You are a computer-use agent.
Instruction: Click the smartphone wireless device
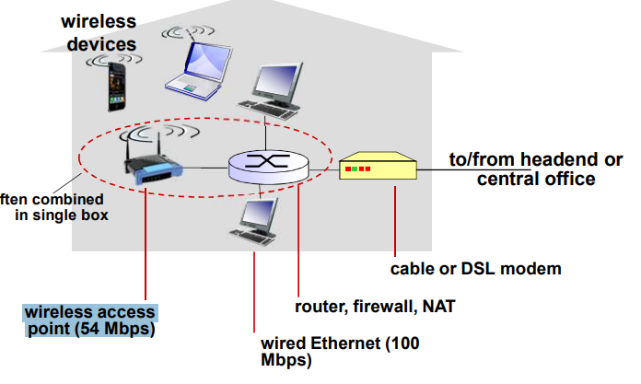coord(117,87)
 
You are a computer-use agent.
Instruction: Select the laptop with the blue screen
coord(199,70)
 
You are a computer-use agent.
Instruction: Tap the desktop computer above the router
coord(272,91)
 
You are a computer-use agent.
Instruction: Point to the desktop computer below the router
coord(254,222)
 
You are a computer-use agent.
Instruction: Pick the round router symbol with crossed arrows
coord(268,166)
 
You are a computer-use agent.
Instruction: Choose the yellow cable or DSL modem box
coord(378,166)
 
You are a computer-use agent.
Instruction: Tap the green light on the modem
coord(355,169)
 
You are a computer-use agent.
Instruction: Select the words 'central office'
coord(536,180)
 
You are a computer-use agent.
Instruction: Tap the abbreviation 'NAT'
coord(438,307)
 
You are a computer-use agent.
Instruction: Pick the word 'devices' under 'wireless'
coord(101,44)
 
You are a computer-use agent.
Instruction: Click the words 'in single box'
coord(62,215)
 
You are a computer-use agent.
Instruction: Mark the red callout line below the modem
coord(395,221)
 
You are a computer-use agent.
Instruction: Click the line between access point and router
coord(205,168)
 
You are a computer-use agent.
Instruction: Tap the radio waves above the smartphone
coord(114,59)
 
